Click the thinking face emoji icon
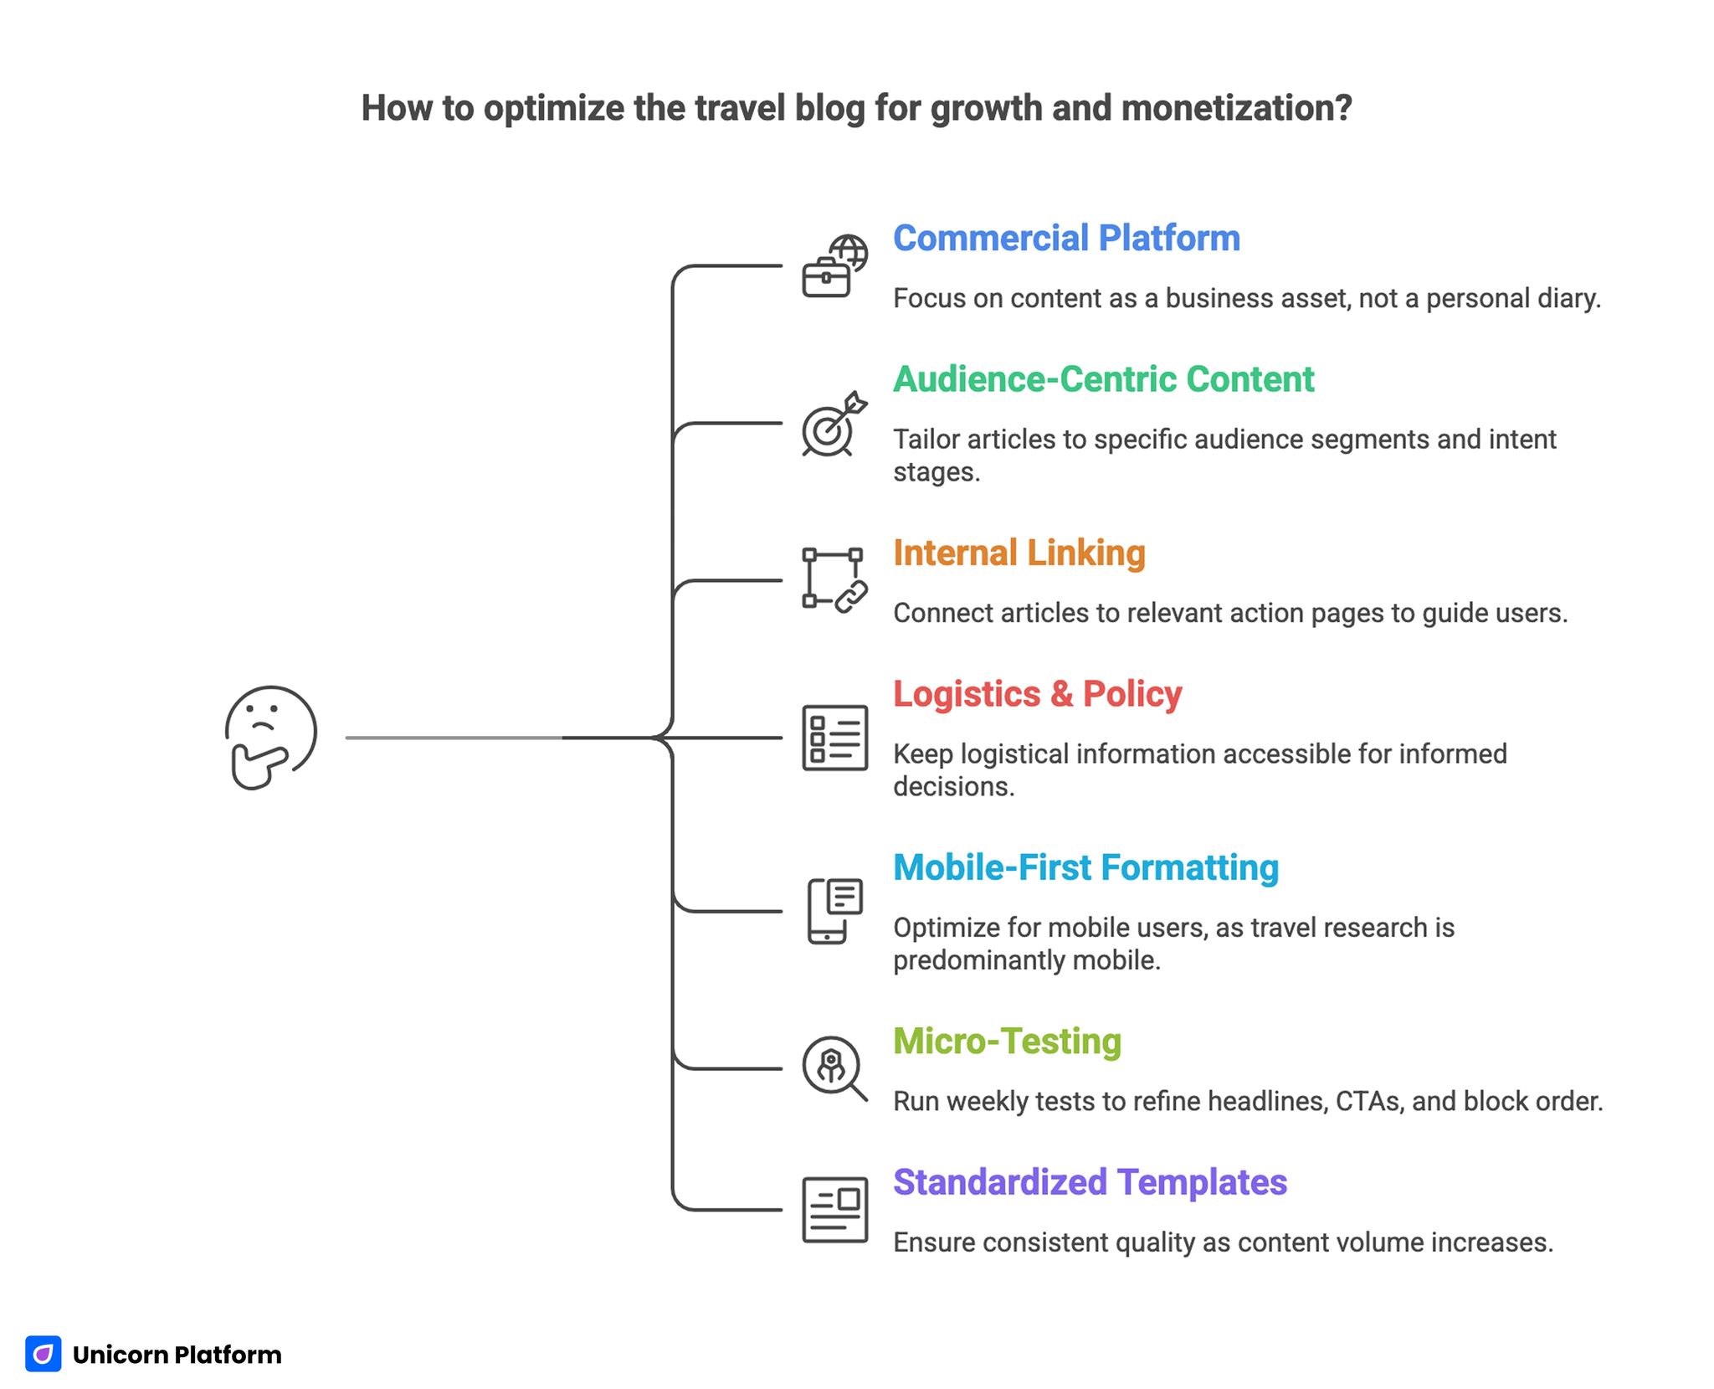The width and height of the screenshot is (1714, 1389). tap(270, 738)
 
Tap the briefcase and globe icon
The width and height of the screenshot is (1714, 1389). tap(834, 266)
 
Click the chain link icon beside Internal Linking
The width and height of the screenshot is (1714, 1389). tap(851, 596)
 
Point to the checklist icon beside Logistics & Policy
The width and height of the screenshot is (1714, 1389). tap(834, 738)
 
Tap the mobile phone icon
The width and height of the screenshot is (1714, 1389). tap(834, 911)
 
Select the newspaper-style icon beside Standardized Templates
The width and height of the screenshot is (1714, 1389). tap(834, 1210)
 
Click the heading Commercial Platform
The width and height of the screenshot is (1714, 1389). tap(1066, 239)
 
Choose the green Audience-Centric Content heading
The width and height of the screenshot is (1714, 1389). tap(1103, 379)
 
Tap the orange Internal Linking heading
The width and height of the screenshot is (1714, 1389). tap(1019, 553)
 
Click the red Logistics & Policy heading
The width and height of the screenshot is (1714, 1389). tap(1037, 694)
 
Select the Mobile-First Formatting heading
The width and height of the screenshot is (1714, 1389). tap(1085, 868)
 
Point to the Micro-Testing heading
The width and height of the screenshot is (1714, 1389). tap(1007, 1042)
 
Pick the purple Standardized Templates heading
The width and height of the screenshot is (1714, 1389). tap(1090, 1182)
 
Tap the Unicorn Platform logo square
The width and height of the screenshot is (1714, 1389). tap(44, 1354)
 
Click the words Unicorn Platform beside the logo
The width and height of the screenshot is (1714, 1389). tap(177, 1355)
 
